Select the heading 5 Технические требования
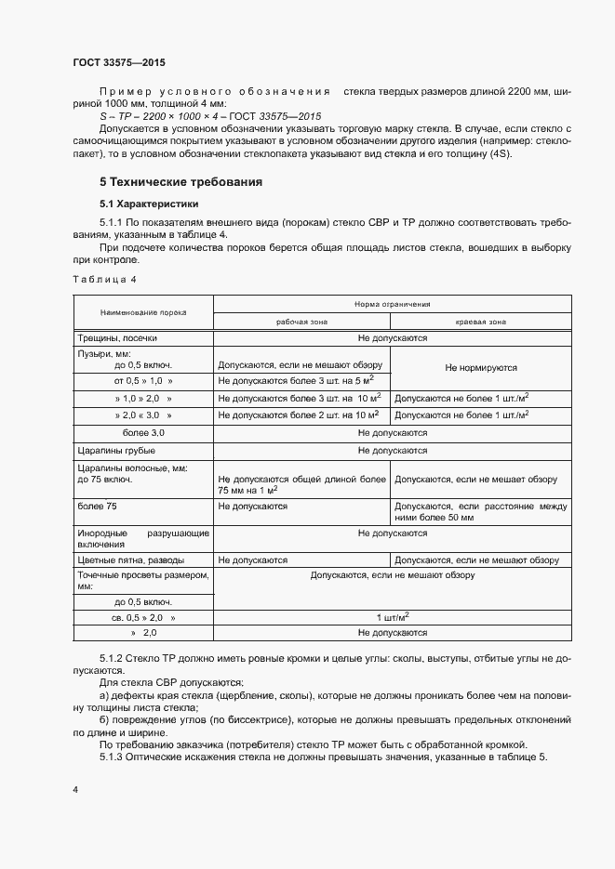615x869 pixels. [x=180, y=181]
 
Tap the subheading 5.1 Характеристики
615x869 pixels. [x=148, y=203]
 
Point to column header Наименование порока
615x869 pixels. [x=142, y=314]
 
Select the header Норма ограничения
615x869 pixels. [x=391, y=305]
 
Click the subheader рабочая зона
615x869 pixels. [x=302, y=322]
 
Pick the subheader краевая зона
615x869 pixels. [x=480, y=322]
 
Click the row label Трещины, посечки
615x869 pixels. [x=116, y=339]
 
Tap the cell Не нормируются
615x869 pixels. [x=480, y=367]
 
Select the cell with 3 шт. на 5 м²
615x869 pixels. [x=295, y=380]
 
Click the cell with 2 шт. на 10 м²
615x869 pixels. [x=297, y=415]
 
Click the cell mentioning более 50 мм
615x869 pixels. [x=480, y=512]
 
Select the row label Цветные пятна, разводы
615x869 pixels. [x=130, y=560]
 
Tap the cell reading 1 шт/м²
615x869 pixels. [x=391, y=617]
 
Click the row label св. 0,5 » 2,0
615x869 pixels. [x=143, y=617]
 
